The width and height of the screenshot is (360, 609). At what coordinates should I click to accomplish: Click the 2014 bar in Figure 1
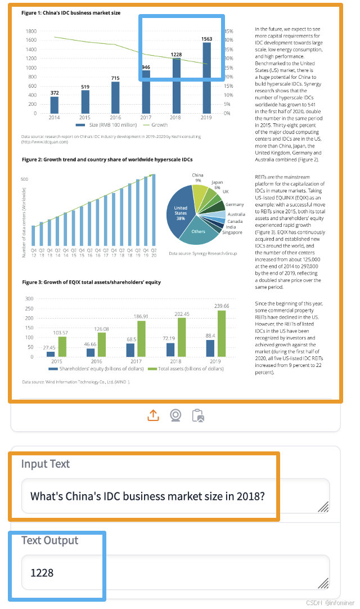coord(54,105)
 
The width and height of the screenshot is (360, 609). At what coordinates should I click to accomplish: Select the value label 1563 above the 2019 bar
coord(207,39)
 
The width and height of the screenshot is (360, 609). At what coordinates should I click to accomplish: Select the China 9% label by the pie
coord(197,178)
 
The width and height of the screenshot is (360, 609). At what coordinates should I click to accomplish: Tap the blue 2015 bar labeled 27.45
coord(51,354)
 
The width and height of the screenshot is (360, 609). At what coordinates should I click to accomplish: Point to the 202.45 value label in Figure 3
coord(182,314)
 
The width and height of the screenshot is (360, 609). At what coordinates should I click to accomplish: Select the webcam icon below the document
coord(175,415)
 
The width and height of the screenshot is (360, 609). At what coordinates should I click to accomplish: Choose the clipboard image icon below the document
coord(197,415)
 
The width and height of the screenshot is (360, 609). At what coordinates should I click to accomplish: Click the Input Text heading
coord(46,464)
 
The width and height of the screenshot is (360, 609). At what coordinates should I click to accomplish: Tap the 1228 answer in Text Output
coord(42,572)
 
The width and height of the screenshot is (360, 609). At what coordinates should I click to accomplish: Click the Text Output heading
coord(50,540)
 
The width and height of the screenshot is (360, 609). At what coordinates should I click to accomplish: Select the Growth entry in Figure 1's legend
coord(155,125)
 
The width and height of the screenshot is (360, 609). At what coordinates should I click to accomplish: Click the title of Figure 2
coord(107,160)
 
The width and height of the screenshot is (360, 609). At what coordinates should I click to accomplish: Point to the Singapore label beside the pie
coord(232,232)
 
